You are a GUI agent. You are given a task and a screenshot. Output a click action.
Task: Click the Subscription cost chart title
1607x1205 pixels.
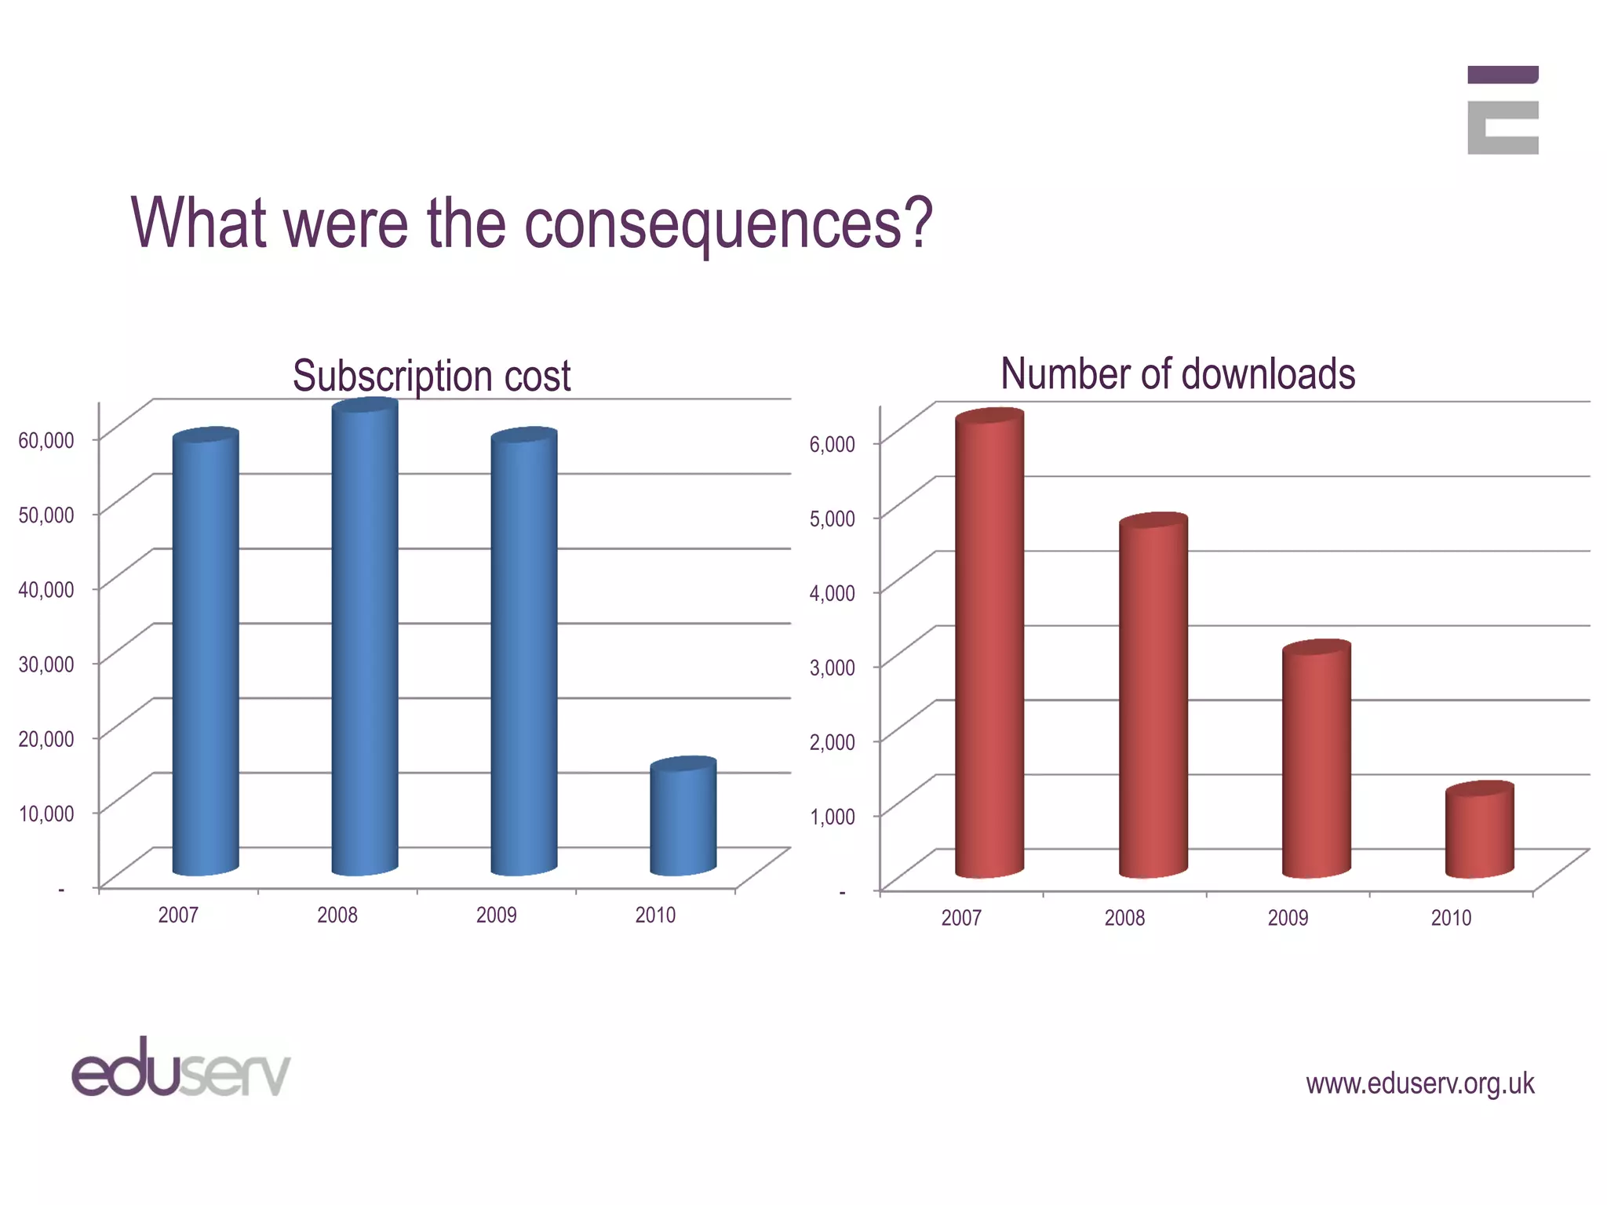pyautogui.click(x=432, y=376)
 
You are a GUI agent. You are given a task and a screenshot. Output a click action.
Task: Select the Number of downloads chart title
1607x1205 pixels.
pyautogui.click(x=1178, y=374)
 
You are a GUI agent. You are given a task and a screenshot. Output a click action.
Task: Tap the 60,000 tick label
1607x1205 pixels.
pyautogui.click(x=46, y=440)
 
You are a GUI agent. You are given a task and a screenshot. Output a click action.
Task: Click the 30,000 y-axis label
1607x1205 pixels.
pyautogui.click(x=46, y=664)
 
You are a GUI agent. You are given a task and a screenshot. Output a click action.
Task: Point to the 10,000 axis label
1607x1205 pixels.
pyautogui.click(x=46, y=814)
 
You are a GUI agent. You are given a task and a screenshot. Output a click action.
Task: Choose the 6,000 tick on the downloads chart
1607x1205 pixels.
pyautogui.click(x=833, y=444)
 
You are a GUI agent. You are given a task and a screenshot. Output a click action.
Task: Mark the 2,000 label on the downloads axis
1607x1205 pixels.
pyautogui.click(x=833, y=742)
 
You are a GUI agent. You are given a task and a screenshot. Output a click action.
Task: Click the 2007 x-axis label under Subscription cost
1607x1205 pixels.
pyautogui.click(x=178, y=915)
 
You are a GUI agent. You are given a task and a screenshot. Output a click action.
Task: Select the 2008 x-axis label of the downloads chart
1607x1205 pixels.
pyautogui.click(x=1124, y=918)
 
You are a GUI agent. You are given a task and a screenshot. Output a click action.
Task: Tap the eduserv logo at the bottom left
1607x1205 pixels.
pyautogui.click(x=181, y=1068)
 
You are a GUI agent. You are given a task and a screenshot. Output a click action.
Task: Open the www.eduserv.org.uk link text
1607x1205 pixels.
pyautogui.click(x=1419, y=1083)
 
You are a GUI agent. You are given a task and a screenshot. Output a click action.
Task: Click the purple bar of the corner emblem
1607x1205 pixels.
pyautogui.click(x=1503, y=75)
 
